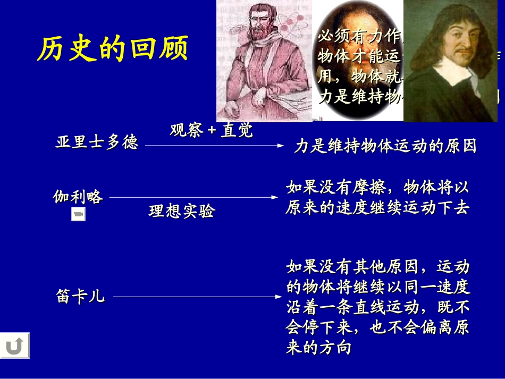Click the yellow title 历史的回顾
coord(113,49)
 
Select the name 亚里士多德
coord(97,142)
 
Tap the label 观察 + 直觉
coord(211,130)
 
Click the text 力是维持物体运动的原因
coord(385,146)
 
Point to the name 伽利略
coord(78,197)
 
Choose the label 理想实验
coord(182,212)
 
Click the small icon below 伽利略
coord(78,214)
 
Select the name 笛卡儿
coord(80,296)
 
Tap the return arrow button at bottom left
coord(15,346)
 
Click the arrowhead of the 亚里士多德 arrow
coord(282,145)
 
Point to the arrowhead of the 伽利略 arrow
coord(275,197)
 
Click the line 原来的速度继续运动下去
coord(377,208)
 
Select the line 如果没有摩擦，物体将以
coord(377,188)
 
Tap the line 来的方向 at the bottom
coord(319,348)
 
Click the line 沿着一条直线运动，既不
coord(377,307)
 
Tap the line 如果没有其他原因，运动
coord(377,266)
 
